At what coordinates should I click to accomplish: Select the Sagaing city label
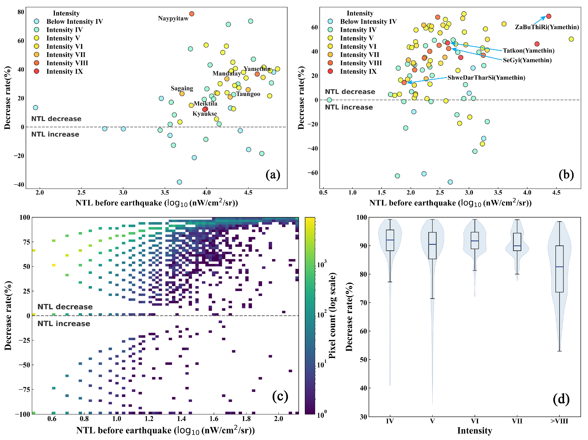[182, 88]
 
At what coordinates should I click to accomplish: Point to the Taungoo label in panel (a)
[248, 94]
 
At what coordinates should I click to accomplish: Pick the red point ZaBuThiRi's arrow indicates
[548, 16]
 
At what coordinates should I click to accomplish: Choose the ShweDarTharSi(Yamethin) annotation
[486, 78]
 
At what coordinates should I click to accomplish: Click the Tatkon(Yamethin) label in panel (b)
[528, 51]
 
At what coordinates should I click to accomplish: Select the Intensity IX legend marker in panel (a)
[37, 71]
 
